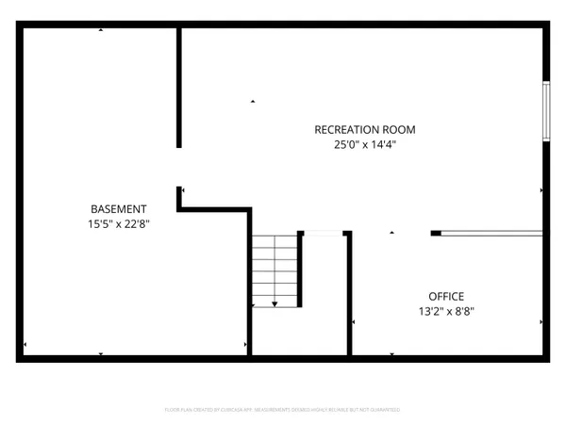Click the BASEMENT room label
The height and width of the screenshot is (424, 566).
118,208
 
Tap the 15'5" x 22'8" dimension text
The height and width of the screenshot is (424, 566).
118,224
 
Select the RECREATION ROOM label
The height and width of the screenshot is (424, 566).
364,129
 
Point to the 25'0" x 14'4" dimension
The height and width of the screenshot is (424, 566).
364,144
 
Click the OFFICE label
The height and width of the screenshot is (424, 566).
446,295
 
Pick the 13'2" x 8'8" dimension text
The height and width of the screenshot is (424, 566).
446,310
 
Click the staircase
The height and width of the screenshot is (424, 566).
275,269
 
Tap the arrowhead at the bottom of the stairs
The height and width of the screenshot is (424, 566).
275,303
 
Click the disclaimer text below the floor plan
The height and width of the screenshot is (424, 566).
283,410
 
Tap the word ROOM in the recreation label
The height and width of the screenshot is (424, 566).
400,129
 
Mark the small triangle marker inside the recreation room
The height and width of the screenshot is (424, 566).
252,101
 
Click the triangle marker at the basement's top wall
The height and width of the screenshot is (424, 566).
102,32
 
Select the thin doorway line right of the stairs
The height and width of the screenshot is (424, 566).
323,232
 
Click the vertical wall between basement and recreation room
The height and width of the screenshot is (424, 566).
178,87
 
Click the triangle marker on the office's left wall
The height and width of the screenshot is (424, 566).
353,322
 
